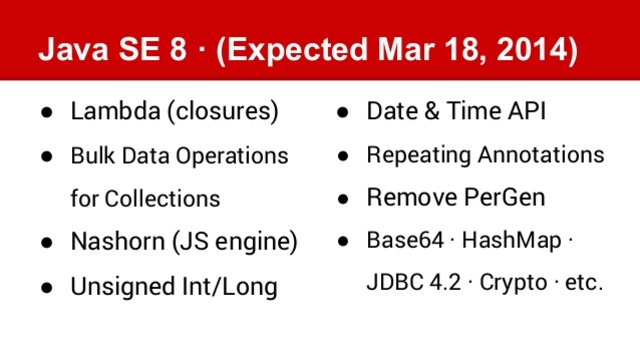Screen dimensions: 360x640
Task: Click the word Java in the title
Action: [x=69, y=50]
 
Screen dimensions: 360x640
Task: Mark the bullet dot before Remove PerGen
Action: [x=342, y=198]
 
